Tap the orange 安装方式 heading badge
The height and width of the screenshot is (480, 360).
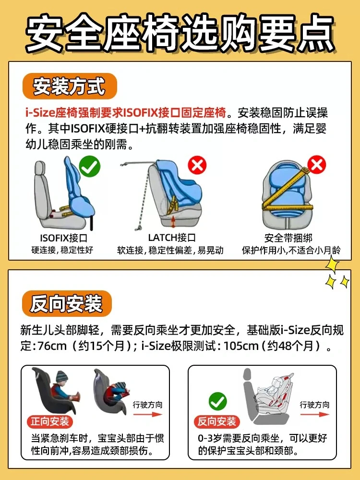[x=70, y=86]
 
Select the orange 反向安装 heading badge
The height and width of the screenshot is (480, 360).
[x=67, y=303]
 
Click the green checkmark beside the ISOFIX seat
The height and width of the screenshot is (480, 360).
[x=90, y=166]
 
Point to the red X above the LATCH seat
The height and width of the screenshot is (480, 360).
[x=197, y=166]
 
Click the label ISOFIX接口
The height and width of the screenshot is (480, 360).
[x=64, y=238]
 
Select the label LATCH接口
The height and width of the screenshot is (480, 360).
[x=172, y=238]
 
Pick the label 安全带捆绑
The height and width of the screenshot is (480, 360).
[x=288, y=238]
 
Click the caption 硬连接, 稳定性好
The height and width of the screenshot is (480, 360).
[x=62, y=250]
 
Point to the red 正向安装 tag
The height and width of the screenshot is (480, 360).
[x=49, y=421]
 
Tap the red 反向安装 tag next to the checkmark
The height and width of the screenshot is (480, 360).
[x=217, y=421]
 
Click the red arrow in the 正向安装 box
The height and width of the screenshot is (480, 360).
[x=148, y=415]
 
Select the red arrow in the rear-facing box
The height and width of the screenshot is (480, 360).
[x=315, y=415]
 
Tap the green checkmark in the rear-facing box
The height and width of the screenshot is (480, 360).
[x=217, y=401]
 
